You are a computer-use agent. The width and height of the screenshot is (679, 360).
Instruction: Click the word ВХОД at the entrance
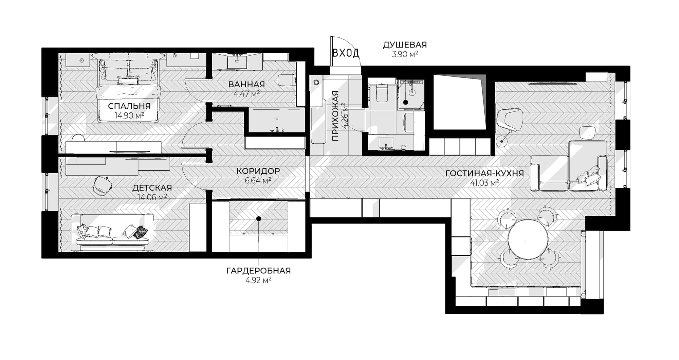click(x=346, y=53)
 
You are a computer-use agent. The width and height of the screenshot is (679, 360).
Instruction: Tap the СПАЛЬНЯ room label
click(x=129, y=106)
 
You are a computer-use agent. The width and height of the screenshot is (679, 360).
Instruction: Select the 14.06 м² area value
click(x=152, y=197)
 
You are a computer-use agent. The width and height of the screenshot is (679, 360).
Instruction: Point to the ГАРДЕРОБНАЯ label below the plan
click(x=258, y=271)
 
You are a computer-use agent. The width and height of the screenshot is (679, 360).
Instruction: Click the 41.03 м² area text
click(x=484, y=183)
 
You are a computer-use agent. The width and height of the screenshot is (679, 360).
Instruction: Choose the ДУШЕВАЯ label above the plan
click(x=405, y=45)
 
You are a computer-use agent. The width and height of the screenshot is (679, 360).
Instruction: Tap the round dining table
click(x=528, y=239)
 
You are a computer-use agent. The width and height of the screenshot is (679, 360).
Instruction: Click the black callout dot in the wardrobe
click(x=259, y=219)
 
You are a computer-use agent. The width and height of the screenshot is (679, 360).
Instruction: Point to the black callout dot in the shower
click(x=405, y=102)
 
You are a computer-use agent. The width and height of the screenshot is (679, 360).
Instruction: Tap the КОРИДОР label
click(x=258, y=171)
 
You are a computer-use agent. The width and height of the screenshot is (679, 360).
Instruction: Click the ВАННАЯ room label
click(x=246, y=84)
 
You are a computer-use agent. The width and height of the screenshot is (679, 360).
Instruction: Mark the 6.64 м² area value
click(x=258, y=180)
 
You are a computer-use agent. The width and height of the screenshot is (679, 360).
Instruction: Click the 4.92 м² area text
click(x=258, y=280)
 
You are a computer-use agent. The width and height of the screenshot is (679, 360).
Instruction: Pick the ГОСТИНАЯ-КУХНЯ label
click(x=484, y=173)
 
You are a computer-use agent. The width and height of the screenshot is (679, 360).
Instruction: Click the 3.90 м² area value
click(x=405, y=54)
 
